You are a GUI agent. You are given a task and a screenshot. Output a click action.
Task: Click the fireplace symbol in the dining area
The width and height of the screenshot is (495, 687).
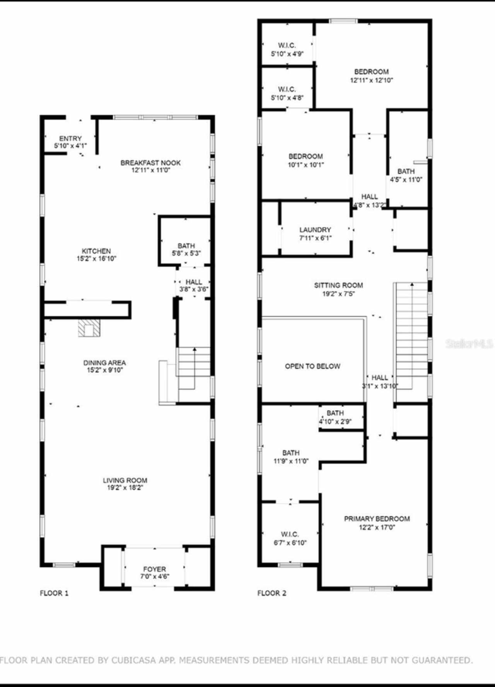tap(89, 328)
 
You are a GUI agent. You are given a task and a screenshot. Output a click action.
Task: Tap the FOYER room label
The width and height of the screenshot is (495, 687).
tap(154, 569)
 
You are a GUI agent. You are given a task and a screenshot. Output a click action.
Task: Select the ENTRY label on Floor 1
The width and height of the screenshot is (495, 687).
tap(70, 138)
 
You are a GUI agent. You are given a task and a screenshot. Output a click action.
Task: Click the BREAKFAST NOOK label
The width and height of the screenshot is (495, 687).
tap(150, 163)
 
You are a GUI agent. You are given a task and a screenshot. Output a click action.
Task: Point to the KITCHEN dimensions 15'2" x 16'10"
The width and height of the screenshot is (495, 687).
tap(96, 258)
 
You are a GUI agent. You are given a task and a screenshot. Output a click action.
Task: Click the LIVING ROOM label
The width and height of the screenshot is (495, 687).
tap(125, 480)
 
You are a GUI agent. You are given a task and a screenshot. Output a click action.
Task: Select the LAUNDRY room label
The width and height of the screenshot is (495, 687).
tap(315, 230)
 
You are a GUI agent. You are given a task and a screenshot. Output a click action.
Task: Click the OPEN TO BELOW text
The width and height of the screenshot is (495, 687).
tap(312, 366)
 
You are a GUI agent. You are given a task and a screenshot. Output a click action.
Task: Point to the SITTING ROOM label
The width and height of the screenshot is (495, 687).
tap(338, 285)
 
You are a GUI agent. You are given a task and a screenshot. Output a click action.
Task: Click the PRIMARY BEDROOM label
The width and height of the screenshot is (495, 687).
tap(377, 519)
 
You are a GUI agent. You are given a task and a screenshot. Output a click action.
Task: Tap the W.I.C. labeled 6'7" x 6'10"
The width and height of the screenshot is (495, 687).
tap(290, 538)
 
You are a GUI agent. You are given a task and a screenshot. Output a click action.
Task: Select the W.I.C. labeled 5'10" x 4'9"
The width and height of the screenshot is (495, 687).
tap(287, 49)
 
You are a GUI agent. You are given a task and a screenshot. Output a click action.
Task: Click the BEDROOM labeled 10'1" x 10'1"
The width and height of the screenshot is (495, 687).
tap(306, 160)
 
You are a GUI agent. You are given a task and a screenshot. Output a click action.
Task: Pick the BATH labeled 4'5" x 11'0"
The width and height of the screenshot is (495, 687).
tap(406, 175)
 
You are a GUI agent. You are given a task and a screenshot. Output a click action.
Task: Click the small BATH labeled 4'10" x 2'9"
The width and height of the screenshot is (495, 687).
tap(335, 417)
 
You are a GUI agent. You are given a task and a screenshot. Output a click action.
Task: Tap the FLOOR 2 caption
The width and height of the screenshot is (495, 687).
tap(272, 593)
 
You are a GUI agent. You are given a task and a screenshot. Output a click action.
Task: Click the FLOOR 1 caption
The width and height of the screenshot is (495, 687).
tap(54, 593)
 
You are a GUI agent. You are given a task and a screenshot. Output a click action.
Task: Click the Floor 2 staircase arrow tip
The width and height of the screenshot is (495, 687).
tap(412, 284)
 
